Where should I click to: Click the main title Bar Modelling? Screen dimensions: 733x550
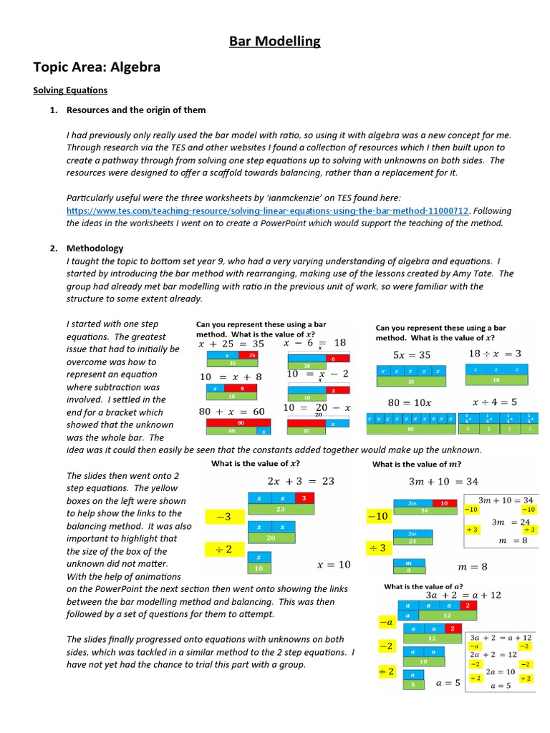point(275,42)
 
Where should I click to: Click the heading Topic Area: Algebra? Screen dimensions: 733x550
point(97,67)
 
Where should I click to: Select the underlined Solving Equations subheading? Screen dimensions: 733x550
point(70,90)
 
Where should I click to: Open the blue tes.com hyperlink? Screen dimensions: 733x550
point(268,210)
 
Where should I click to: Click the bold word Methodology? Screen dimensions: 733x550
point(95,248)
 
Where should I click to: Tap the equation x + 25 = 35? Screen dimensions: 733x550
point(231,344)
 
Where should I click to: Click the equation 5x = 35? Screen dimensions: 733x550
point(412,354)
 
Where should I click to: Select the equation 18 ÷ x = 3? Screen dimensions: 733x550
point(495,354)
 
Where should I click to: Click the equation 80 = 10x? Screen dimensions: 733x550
point(411,402)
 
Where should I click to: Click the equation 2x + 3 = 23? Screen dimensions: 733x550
point(301,481)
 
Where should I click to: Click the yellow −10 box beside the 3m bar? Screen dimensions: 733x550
point(377,515)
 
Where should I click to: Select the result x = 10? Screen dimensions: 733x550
point(334,565)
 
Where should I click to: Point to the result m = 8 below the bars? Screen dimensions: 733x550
point(473,567)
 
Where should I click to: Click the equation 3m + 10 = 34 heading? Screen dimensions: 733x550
point(443,481)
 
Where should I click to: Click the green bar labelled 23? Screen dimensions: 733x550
point(281,509)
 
